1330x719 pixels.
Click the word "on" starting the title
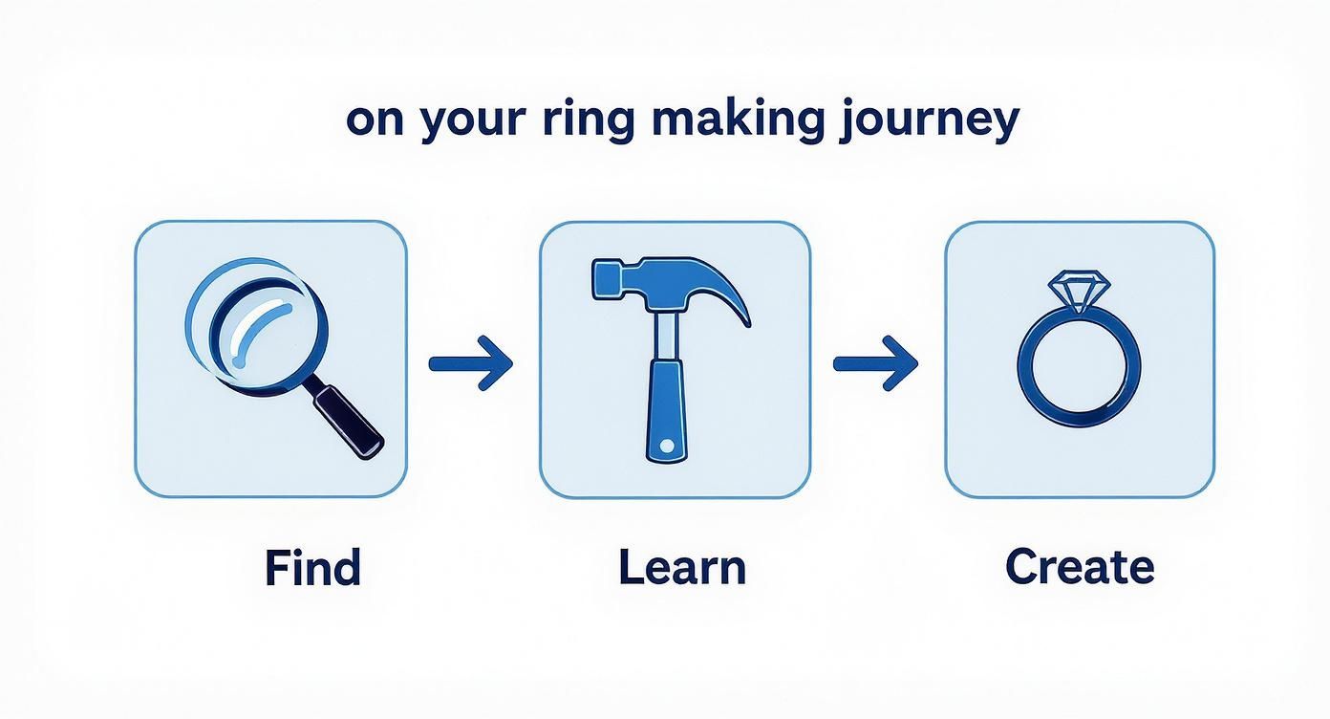pyautogui.click(x=374, y=122)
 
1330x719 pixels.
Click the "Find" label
pyautogui.click(x=312, y=567)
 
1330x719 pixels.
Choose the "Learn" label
pyautogui.click(x=681, y=567)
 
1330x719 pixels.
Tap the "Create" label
pyautogui.click(x=1080, y=567)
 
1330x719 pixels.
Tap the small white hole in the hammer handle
pyautogui.click(x=666, y=447)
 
